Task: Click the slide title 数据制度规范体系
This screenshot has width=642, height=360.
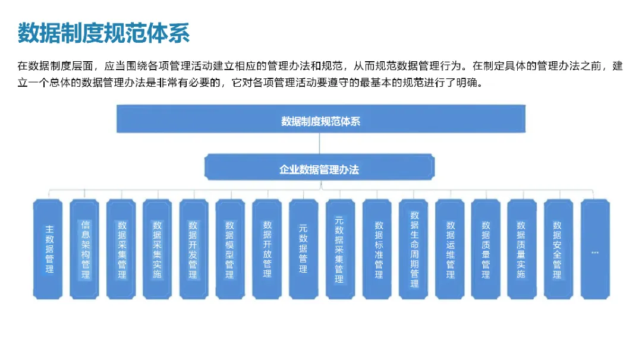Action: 104,33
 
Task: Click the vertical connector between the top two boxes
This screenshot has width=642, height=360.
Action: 320,144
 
